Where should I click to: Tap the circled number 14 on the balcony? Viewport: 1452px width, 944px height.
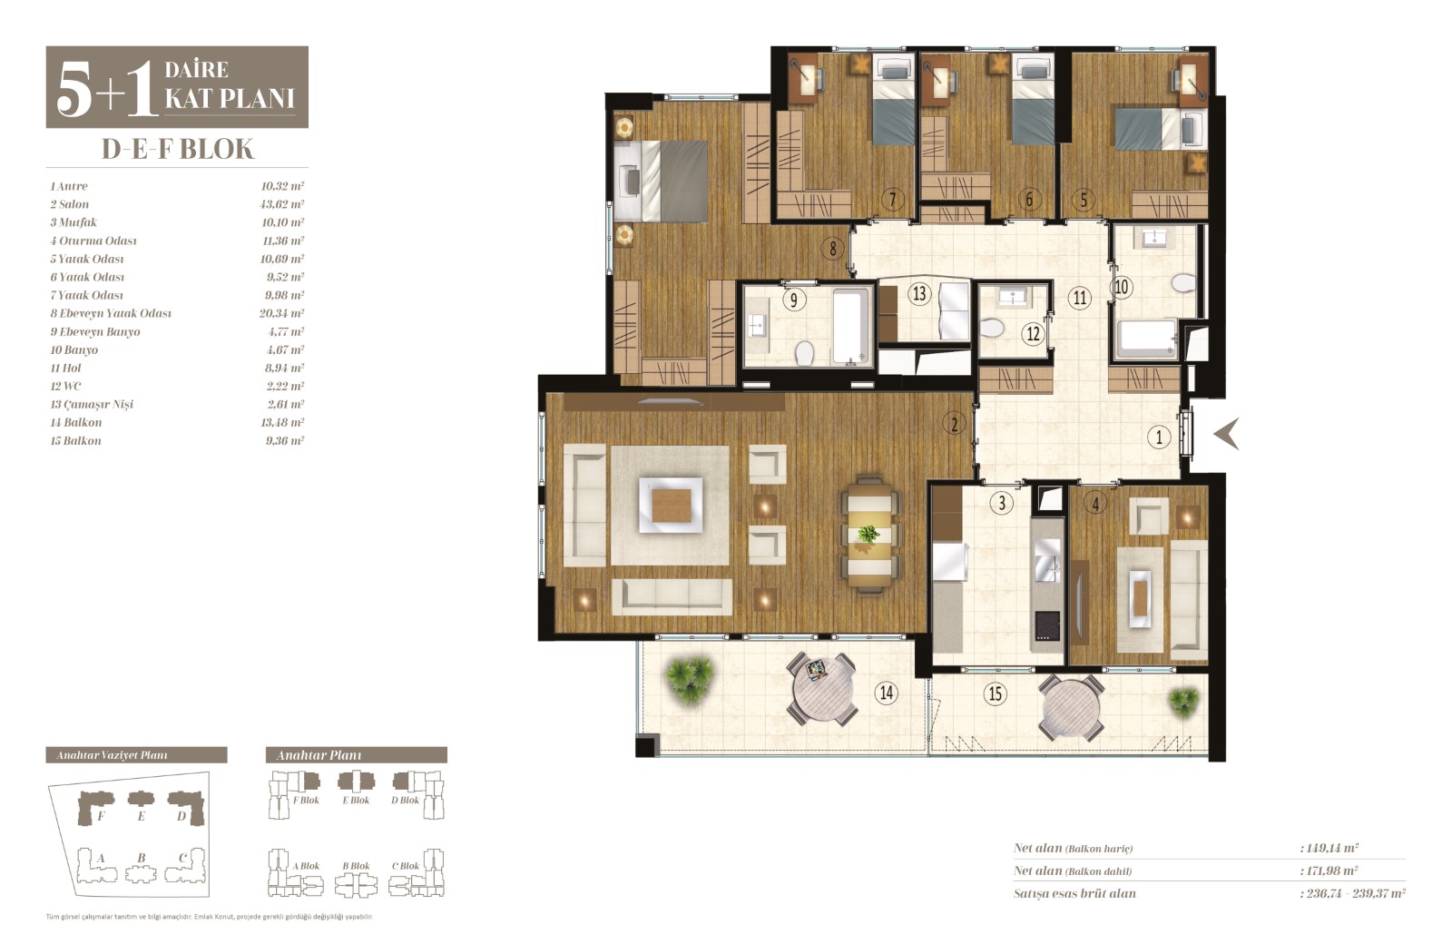pyautogui.click(x=886, y=693)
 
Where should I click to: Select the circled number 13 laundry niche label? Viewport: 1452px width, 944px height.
pyautogui.click(x=918, y=294)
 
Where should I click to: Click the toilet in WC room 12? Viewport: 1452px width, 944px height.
pyautogui.click(x=990, y=328)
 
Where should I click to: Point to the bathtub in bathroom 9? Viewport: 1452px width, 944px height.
pyautogui.click(x=850, y=326)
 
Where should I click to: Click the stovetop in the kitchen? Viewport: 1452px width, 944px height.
pyautogui.click(x=1046, y=625)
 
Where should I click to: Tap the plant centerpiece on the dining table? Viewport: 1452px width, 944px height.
pyautogui.click(x=868, y=535)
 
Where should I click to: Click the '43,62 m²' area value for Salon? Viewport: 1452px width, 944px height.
pyautogui.click(x=282, y=203)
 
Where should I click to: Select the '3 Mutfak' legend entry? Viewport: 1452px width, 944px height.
pyautogui.click(x=74, y=222)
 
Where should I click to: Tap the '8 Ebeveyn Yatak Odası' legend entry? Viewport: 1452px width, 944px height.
pyautogui.click(x=111, y=313)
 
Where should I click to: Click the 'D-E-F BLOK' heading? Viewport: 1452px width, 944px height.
pyautogui.click(x=178, y=149)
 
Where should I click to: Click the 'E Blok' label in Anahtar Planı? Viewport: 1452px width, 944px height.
pyautogui.click(x=356, y=800)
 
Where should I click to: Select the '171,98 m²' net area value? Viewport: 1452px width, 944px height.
pyautogui.click(x=1329, y=870)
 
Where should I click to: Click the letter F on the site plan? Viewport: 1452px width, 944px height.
pyautogui.click(x=101, y=816)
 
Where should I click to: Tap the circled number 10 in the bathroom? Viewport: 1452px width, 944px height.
pyautogui.click(x=1122, y=287)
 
